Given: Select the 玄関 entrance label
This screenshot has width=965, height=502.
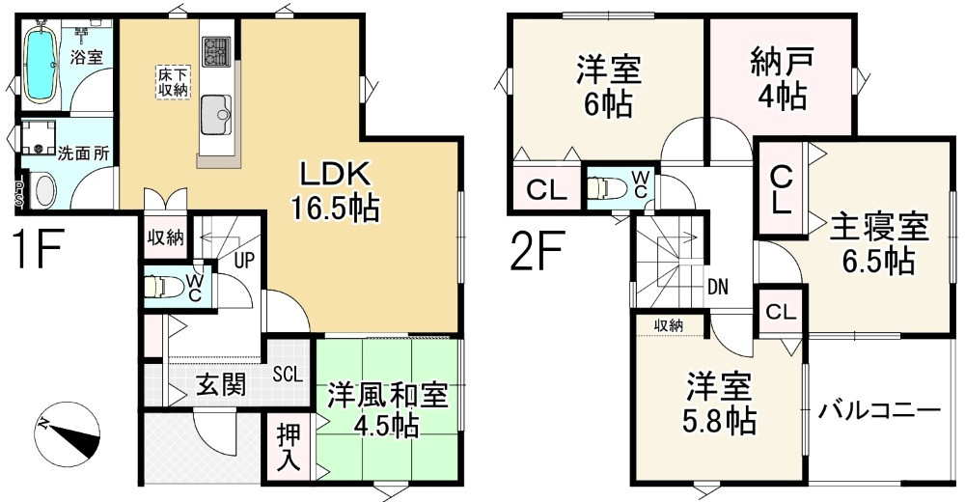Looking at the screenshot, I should [221, 384].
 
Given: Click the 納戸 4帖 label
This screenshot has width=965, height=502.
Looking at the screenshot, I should [780, 79].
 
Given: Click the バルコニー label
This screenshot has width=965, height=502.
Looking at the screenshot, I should [879, 412].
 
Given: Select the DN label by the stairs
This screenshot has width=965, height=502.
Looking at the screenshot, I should [717, 286].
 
